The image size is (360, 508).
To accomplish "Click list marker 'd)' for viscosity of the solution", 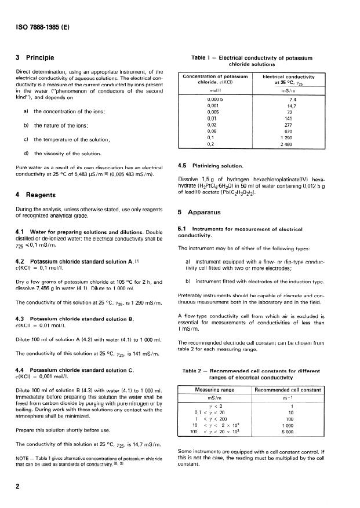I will (27, 153).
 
